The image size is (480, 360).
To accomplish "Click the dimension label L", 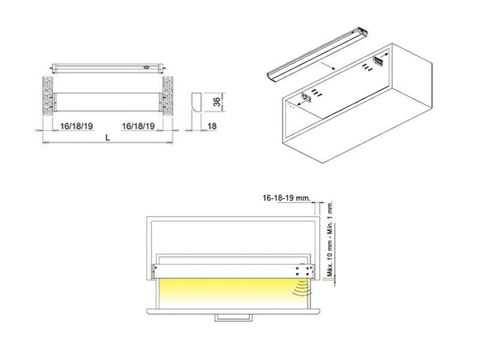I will point(107,137).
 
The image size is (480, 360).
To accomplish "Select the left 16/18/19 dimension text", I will point(76,125).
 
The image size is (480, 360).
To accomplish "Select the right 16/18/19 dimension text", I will point(138,125).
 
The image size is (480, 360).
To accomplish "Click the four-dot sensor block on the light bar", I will point(300,271).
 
